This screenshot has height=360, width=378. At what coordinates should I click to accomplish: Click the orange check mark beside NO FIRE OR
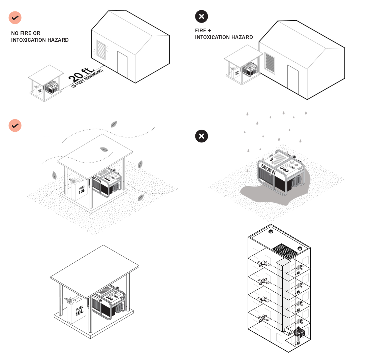(15, 17)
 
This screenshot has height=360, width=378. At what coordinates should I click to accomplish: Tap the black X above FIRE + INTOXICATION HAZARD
(201, 16)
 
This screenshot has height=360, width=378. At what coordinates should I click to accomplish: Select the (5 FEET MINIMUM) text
(88, 79)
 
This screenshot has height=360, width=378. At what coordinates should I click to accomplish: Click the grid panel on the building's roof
(283, 250)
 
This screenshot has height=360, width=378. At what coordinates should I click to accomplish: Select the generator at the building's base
(299, 333)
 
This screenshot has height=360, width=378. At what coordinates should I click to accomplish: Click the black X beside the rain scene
(201, 136)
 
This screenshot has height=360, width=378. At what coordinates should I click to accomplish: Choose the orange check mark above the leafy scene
(15, 125)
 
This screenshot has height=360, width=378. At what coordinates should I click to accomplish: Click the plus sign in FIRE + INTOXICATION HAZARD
(210, 30)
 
